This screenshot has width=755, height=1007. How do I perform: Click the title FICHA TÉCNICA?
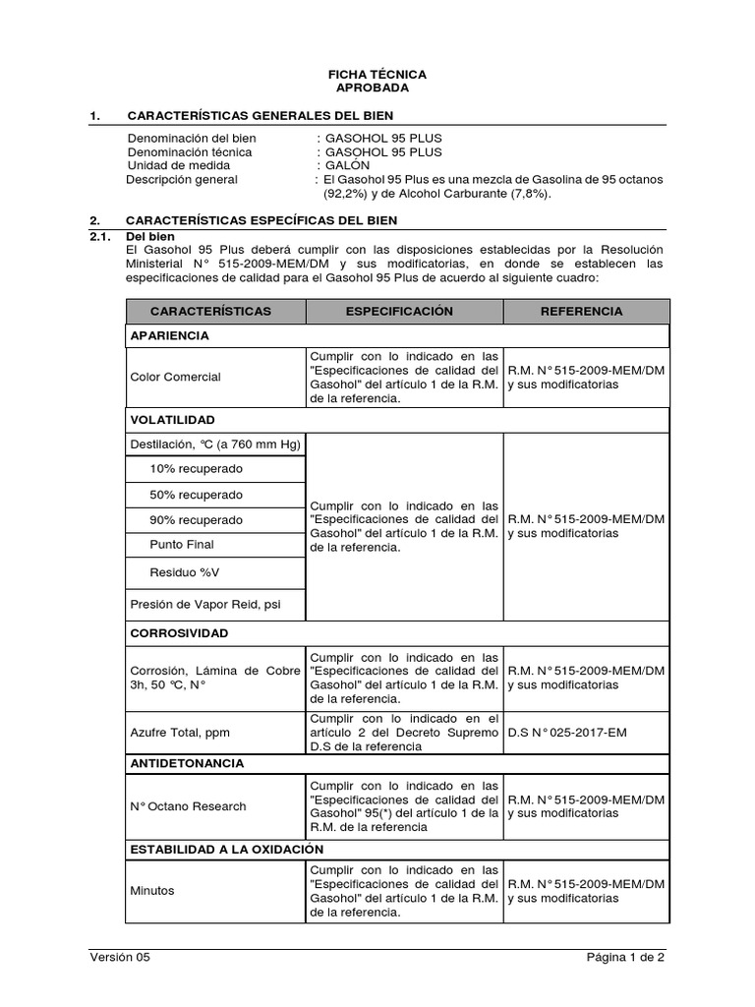tap(377, 75)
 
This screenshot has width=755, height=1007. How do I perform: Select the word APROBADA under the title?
tap(377, 89)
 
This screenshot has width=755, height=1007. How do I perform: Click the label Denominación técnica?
tap(190, 151)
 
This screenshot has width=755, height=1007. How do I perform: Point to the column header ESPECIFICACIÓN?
tap(404, 311)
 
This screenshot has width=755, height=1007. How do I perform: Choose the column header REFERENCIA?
tap(586, 311)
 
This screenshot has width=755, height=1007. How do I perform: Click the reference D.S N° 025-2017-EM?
tap(565, 733)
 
